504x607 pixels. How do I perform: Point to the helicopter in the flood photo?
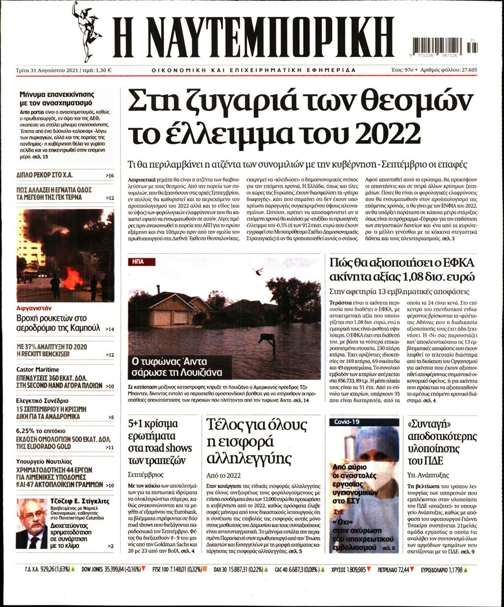258,271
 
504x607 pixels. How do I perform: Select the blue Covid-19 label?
347,422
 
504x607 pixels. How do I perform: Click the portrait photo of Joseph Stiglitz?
32,523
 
